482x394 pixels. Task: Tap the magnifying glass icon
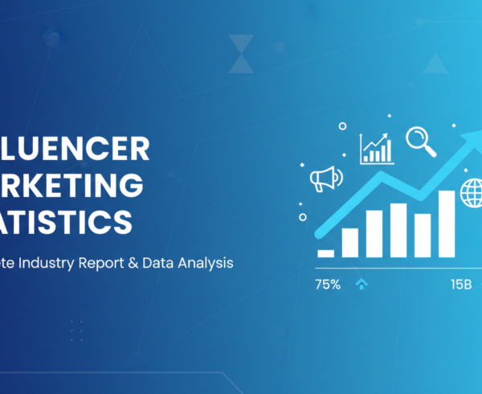(420, 142)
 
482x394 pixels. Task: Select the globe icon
(472, 192)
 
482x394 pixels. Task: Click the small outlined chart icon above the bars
(376, 148)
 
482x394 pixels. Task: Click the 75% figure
(329, 284)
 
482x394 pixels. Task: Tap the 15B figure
(460, 284)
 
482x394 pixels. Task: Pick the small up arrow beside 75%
(361, 284)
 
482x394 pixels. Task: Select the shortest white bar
(325, 252)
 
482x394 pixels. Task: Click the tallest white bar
(447, 224)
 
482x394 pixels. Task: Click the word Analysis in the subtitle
(214, 263)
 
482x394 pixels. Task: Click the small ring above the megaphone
(342, 126)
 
